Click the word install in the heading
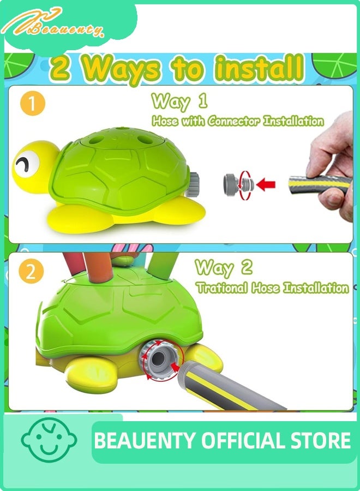click(x=260, y=67)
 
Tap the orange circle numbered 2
click(x=31, y=271)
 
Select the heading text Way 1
click(x=179, y=101)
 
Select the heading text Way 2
click(x=224, y=268)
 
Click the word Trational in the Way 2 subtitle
click(x=222, y=288)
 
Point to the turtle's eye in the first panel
click(x=27, y=163)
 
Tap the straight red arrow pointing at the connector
click(x=266, y=184)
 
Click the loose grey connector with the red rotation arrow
click(x=238, y=183)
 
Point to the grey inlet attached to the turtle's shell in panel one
click(x=193, y=184)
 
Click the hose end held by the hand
click(x=319, y=185)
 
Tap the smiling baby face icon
click(x=49, y=440)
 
